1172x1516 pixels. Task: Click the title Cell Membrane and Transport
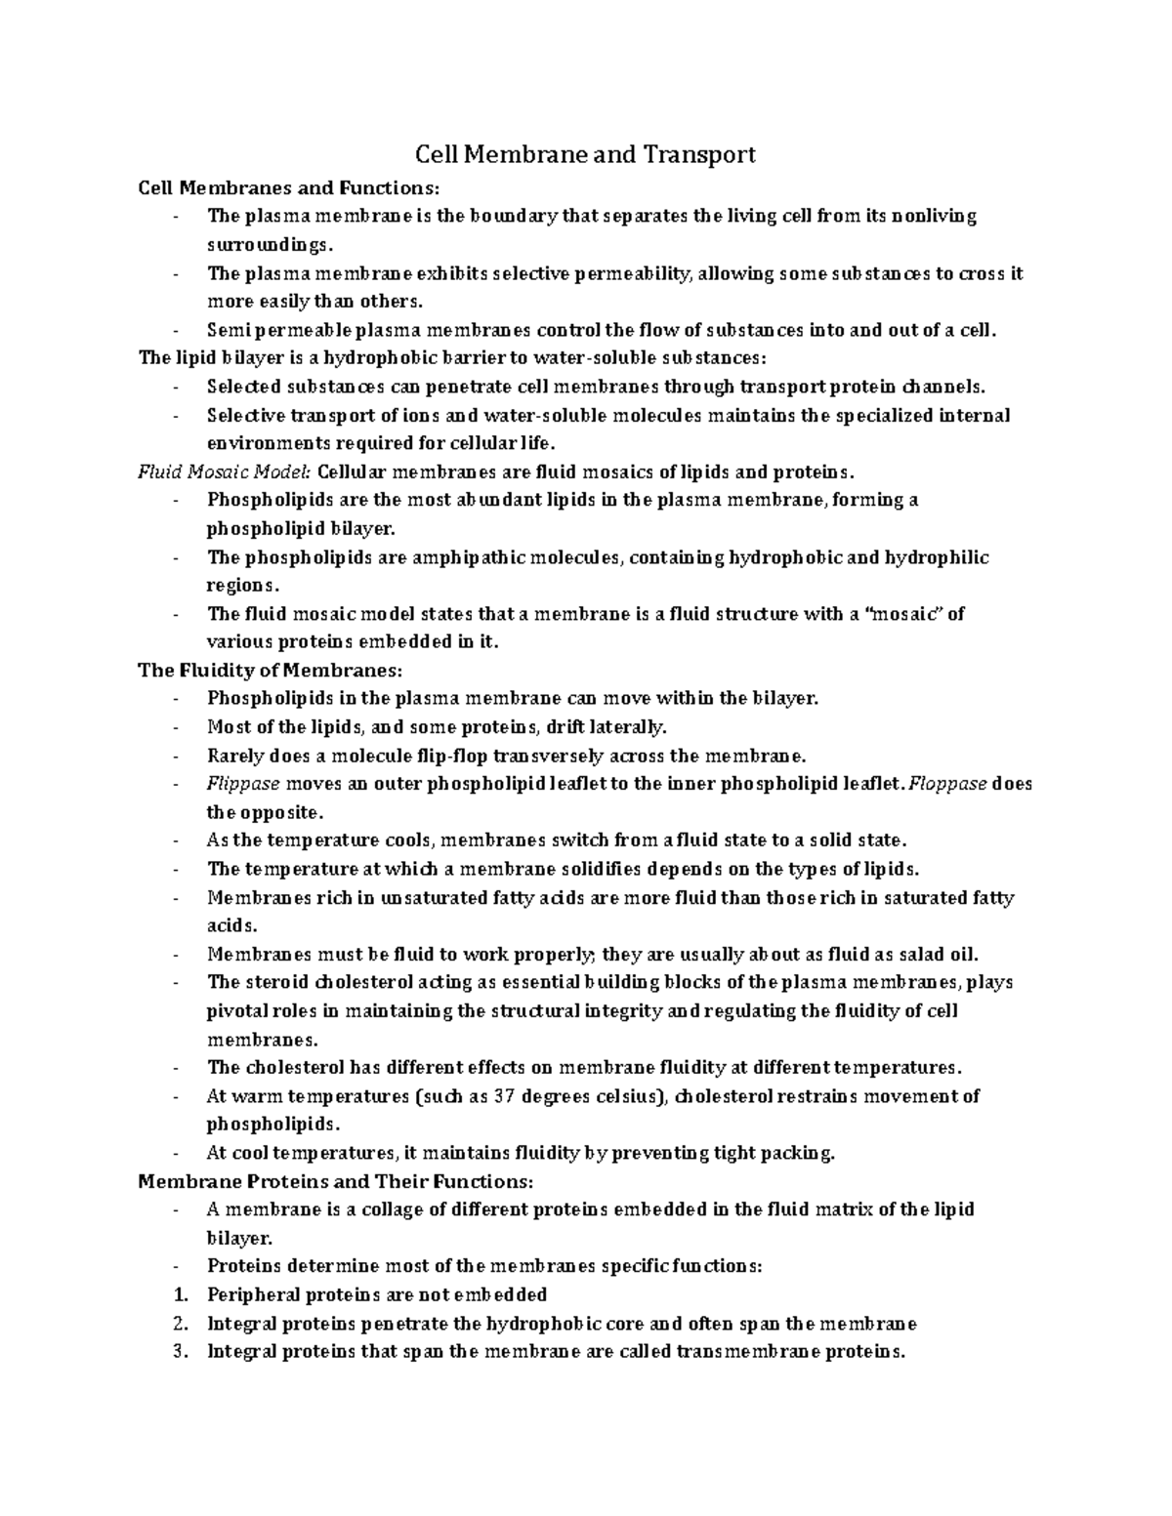(x=586, y=154)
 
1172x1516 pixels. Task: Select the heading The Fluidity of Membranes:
(x=270, y=671)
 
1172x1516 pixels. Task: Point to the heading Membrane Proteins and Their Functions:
(x=336, y=1181)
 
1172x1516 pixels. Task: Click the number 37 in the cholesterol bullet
(x=503, y=1096)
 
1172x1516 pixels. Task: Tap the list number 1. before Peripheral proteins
(x=179, y=1295)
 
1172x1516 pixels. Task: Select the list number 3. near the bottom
(x=179, y=1352)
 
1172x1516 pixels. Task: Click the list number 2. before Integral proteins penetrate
(x=179, y=1324)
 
